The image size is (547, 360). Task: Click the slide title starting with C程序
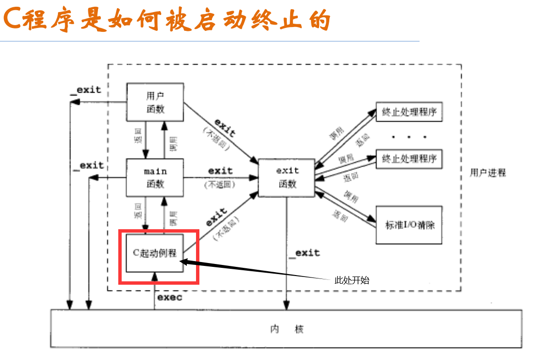pyautogui.click(x=167, y=20)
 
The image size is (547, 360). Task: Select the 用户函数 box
pyautogui.click(x=155, y=102)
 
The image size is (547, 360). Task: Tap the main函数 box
pyautogui.click(x=155, y=178)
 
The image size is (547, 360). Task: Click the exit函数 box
pyautogui.click(x=287, y=177)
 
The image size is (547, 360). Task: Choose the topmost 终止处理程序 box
pyautogui.click(x=409, y=112)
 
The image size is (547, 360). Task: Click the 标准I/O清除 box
pyautogui.click(x=409, y=225)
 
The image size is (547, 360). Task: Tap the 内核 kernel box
pyautogui.click(x=286, y=330)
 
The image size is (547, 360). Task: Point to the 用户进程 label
pyautogui.click(x=488, y=173)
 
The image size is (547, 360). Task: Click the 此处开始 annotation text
pyautogui.click(x=352, y=280)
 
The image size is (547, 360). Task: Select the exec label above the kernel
pyautogui.click(x=169, y=297)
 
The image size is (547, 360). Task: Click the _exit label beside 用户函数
pyautogui.click(x=85, y=90)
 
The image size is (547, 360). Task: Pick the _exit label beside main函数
pyautogui.click(x=88, y=166)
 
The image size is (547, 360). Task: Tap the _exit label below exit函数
pyautogui.click(x=304, y=253)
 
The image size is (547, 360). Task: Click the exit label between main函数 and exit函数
pyautogui.click(x=220, y=171)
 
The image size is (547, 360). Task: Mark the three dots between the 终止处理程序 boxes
pyautogui.click(x=408, y=137)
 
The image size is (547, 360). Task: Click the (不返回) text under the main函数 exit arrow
pyautogui.click(x=220, y=185)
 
